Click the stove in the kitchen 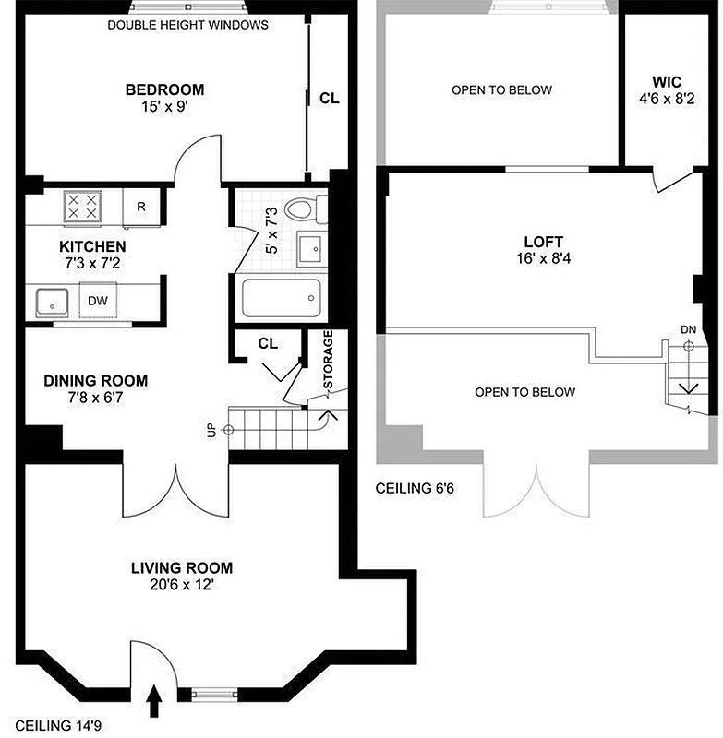pos(81,207)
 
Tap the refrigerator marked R pos(141,206)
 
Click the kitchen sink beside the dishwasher pos(54,300)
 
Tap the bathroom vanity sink pos(309,247)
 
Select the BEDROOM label pos(164,89)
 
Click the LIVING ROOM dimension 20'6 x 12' pos(181,585)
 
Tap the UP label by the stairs pos(211,430)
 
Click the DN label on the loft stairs pos(688,329)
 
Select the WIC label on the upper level pos(666,81)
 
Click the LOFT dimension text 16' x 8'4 pos(539,259)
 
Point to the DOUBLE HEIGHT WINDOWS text pos(187,25)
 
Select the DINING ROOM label pos(95,380)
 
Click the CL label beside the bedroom pos(329,98)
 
